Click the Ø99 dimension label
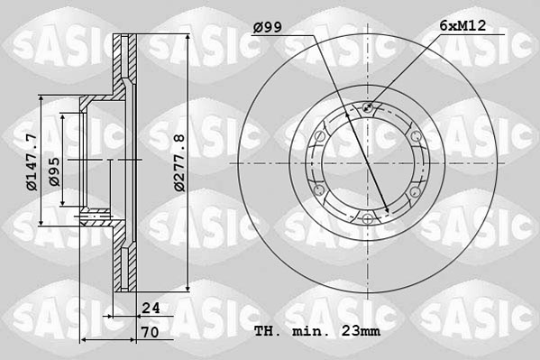click(x=268, y=26)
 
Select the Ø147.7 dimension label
click(x=32, y=162)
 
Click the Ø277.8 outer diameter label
click(x=178, y=162)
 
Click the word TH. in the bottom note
click(x=267, y=331)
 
